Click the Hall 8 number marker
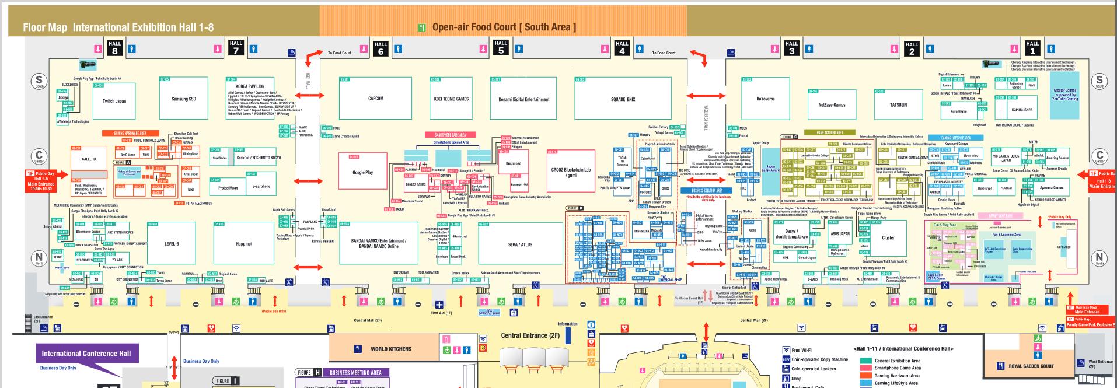[x=115, y=47]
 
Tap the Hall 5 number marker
[x=501, y=47]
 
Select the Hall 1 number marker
[x=1032, y=47]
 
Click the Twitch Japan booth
[x=114, y=101]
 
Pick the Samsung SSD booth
[x=183, y=99]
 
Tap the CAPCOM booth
[x=376, y=99]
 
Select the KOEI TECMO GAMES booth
[x=451, y=99]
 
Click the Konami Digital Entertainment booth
[x=524, y=99]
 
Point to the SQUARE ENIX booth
[x=623, y=100]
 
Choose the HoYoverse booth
[x=765, y=99]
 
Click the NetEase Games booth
[x=832, y=105]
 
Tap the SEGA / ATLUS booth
[x=520, y=244]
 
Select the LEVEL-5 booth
[x=172, y=244]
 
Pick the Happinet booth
[x=244, y=244]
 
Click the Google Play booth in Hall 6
[x=362, y=172]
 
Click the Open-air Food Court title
[x=504, y=27]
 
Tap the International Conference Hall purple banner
[x=86, y=354]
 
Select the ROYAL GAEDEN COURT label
[x=1031, y=366]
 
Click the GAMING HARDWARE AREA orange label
[x=130, y=133]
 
